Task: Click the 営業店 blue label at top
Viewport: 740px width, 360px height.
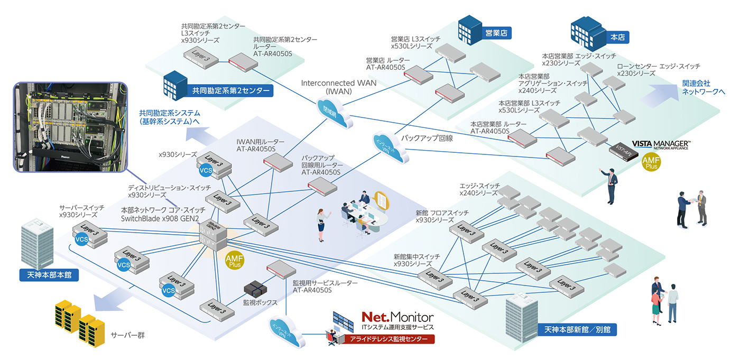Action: click(496, 33)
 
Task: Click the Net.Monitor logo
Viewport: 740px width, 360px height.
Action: click(397, 317)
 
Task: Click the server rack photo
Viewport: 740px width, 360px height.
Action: click(70, 127)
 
